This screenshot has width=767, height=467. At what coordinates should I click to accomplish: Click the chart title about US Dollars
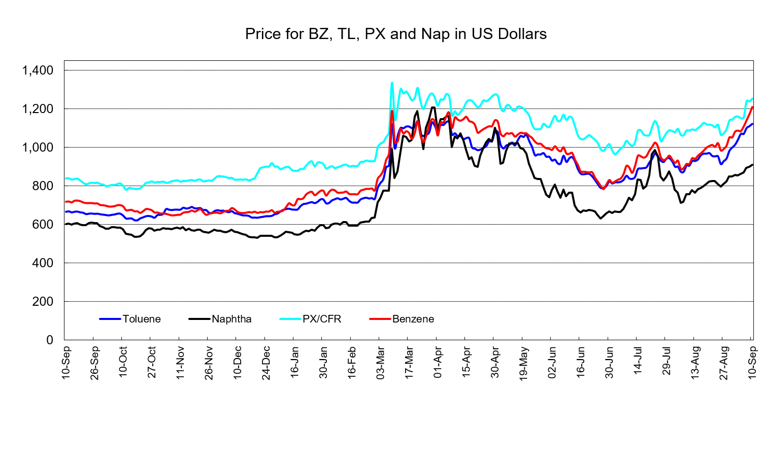tap(395, 34)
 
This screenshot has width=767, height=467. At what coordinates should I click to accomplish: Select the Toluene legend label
tap(142, 319)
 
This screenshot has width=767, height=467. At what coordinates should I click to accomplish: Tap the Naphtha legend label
tap(231, 319)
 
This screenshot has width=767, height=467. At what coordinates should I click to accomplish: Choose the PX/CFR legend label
tap(322, 319)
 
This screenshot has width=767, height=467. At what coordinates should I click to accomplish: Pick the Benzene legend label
tap(413, 319)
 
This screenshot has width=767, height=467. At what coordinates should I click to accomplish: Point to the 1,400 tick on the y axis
tap(38, 70)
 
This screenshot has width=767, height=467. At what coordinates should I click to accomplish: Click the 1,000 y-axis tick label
tap(38, 148)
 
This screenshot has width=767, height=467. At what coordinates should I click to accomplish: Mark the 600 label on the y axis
tap(43, 225)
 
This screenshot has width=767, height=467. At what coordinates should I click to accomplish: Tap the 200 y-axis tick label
tap(43, 301)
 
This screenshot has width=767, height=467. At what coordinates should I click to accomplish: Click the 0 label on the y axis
tap(50, 340)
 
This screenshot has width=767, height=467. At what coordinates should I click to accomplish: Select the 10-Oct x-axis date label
tap(123, 362)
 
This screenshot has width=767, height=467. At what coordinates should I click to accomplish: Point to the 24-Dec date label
tap(266, 363)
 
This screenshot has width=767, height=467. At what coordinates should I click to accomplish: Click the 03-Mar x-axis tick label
tap(380, 363)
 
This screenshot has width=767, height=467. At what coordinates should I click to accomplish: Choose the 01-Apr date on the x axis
tap(438, 362)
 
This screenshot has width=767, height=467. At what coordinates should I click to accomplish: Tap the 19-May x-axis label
tap(523, 363)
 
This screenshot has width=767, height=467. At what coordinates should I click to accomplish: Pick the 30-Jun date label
tap(609, 363)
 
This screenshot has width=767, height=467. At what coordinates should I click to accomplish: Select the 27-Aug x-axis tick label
tap(724, 363)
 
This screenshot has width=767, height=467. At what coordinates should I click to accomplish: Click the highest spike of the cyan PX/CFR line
tap(392, 83)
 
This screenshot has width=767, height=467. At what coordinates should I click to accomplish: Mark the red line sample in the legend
tap(380, 319)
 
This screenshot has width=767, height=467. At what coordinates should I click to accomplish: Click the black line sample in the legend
tap(199, 319)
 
